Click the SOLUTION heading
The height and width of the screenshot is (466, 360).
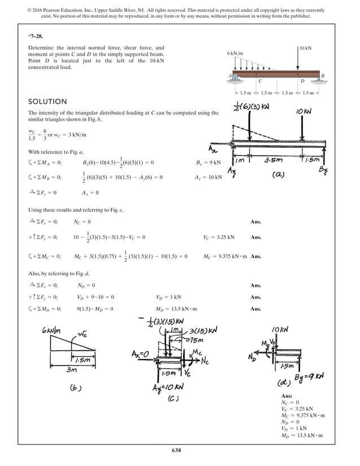(47, 102)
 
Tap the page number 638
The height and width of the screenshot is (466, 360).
(179, 450)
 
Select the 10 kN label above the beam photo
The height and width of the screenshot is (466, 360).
(306, 49)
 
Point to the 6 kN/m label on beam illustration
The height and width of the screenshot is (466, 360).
(235, 53)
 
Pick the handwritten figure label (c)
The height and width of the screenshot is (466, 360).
(174, 398)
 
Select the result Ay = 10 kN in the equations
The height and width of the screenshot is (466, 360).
(208, 177)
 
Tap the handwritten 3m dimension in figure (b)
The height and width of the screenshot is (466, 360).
(70, 370)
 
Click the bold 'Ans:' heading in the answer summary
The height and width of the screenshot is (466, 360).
(286, 397)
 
